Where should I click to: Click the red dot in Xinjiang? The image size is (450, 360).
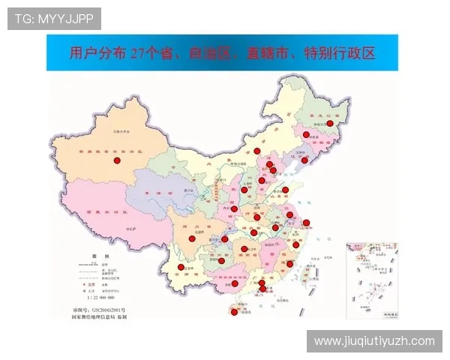117,160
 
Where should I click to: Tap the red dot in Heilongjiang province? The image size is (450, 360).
329,124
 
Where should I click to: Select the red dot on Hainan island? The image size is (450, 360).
234,313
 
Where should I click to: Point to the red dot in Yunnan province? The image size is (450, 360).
181,268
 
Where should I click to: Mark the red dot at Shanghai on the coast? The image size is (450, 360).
306,223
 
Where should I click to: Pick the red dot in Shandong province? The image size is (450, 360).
286,190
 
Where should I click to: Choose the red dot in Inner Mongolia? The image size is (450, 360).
257,151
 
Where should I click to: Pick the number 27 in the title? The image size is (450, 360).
138,53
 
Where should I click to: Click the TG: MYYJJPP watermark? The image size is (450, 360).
54,18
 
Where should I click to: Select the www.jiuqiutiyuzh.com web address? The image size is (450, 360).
374,341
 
